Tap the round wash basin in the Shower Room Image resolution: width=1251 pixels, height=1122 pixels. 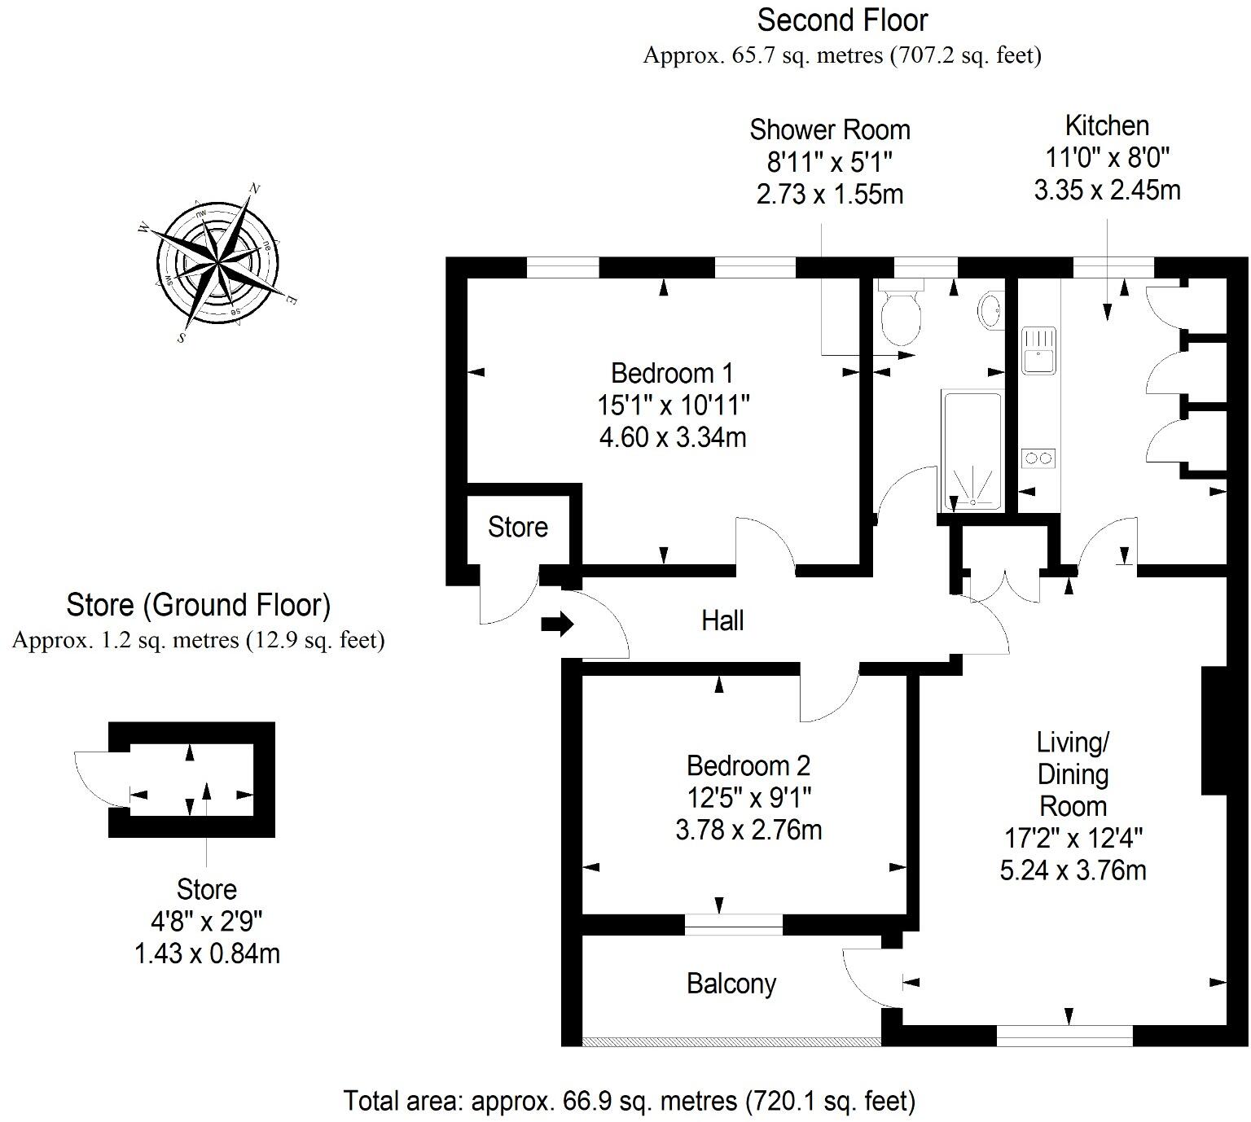click(990, 310)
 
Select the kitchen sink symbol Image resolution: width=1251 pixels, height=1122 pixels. click(1038, 349)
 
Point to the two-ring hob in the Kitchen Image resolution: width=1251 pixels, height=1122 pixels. click(1038, 458)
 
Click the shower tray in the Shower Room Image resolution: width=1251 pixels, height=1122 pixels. click(971, 452)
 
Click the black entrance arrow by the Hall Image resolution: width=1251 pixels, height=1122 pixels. click(558, 625)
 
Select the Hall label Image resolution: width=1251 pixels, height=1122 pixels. click(722, 621)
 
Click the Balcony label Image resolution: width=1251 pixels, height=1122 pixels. click(731, 984)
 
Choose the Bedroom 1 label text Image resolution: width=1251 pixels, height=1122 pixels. click(672, 374)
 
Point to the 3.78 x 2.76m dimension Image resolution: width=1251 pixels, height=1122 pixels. click(748, 831)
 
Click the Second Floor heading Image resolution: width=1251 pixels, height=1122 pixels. click(842, 20)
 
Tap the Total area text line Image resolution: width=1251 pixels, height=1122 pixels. click(630, 1102)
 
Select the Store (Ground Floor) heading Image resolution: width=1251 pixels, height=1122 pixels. click(198, 606)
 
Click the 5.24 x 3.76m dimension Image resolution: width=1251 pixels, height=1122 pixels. click(1073, 870)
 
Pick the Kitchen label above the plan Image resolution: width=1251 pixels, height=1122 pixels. click(1107, 126)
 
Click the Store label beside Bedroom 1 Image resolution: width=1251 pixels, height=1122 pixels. click(517, 528)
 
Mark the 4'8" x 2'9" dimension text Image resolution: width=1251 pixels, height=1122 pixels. click(207, 922)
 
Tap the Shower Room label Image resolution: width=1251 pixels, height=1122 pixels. click(829, 130)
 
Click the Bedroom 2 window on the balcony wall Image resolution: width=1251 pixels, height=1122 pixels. click(733, 924)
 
